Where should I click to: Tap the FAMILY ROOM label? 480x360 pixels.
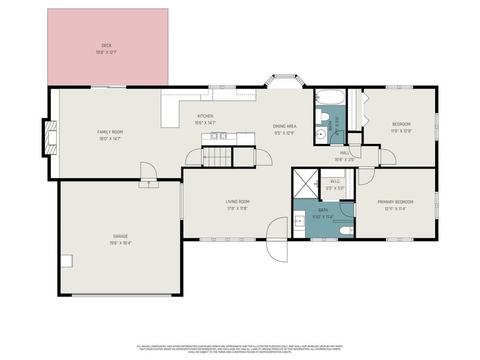(x=110, y=132)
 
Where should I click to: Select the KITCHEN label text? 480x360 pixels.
(x=205, y=116)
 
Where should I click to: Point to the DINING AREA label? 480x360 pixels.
(x=285, y=126)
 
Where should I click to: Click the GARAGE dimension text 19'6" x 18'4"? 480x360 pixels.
(x=120, y=243)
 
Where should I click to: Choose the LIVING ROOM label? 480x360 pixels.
(x=237, y=202)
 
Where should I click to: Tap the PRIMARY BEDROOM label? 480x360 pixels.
(x=395, y=202)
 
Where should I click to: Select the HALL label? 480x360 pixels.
(x=345, y=153)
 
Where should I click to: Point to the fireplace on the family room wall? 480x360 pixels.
(x=50, y=137)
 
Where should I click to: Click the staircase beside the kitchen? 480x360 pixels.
(x=218, y=157)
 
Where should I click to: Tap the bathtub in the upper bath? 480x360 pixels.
(x=330, y=97)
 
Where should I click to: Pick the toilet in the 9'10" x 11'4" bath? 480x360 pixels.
(x=346, y=230)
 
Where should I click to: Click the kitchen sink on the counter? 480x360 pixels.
(x=219, y=136)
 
